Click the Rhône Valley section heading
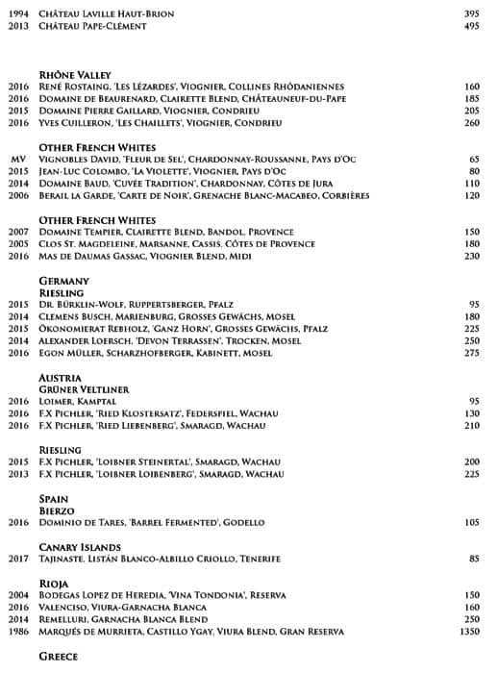pyautogui.click(x=75, y=74)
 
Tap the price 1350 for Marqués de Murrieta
pyautogui.click(x=465, y=632)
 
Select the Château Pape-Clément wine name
pyautogui.click(x=92, y=26)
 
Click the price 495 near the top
pyautogui.click(x=471, y=26)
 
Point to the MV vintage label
pyautogui.click(x=16, y=159)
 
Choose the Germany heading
pyautogui.click(x=63, y=281)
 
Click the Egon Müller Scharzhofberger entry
pyautogui.click(x=155, y=354)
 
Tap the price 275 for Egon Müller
pyautogui.click(x=471, y=354)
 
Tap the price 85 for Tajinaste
pyautogui.click(x=473, y=559)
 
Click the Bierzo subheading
pyautogui.click(x=57, y=511)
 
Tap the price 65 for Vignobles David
pyautogui.click(x=473, y=159)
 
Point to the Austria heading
pyautogui.click(x=60, y=378)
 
